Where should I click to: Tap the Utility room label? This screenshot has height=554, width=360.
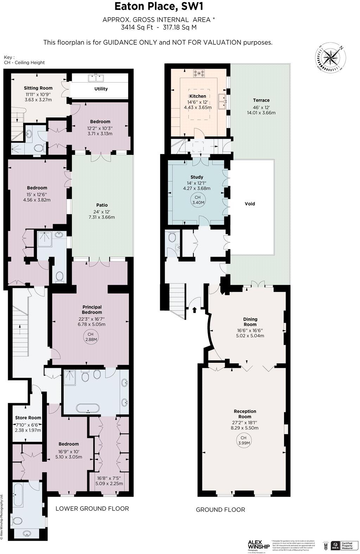tap(101, 89)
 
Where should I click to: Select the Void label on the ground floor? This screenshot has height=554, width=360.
tap(250, 204)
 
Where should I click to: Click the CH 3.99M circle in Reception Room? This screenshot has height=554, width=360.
tap(243, 440)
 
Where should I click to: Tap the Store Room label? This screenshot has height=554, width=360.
tap(28, 418)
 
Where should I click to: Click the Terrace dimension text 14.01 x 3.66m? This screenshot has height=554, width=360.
tap(261, 113)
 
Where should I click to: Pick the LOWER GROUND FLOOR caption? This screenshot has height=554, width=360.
tap(92, 509)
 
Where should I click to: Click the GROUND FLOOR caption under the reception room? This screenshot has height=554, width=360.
tap(220, 510)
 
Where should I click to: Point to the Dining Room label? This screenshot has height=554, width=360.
tap(250, 322)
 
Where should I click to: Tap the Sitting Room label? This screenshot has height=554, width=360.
tap(38, 88)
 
